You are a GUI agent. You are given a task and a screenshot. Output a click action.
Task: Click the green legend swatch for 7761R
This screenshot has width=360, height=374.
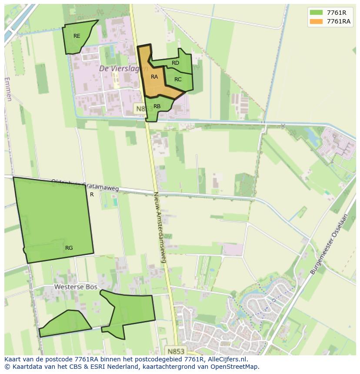click(316, 13)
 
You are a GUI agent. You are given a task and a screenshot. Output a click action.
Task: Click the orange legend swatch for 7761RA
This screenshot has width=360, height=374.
click(316, 21)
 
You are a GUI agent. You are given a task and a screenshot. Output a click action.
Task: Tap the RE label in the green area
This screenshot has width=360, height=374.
click(77, 36)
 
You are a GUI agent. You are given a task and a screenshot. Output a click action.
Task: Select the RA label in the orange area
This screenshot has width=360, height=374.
click(154, 77)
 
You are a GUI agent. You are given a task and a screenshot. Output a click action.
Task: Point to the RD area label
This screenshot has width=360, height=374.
click(175, 63)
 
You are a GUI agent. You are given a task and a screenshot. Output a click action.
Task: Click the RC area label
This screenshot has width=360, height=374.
click(178, 79)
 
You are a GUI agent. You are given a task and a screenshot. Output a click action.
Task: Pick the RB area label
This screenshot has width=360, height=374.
click(157, 106)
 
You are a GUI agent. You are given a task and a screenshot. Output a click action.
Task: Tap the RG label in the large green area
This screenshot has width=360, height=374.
click(69, 248)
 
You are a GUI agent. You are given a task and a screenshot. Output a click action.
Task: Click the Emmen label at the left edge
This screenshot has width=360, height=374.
click(8, 89)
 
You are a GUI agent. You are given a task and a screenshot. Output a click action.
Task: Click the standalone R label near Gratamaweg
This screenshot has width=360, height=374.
click(92, 195)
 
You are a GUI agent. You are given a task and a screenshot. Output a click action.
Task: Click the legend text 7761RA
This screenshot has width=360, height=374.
click(339, 21)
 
